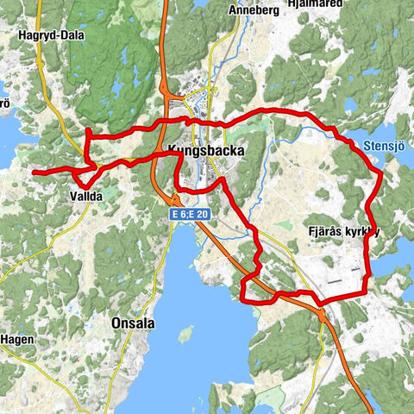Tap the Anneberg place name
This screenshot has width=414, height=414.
[253, 10]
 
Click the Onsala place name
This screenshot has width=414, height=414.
[134, 323]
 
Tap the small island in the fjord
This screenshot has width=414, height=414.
[185, 332]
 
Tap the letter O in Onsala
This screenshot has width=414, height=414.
[117, 323]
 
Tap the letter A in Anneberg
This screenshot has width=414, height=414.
[232, 10]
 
